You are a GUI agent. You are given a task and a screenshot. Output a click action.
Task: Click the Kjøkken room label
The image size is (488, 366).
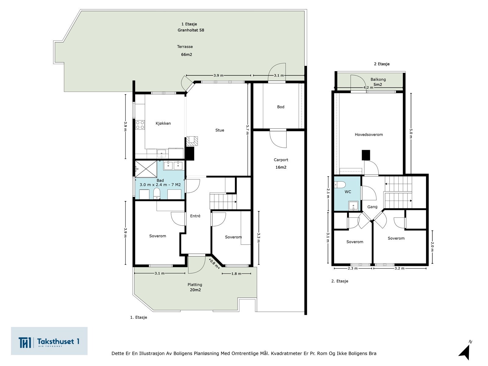[163, 123]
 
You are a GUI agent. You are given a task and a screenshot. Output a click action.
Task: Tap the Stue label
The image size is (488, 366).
[220, 130]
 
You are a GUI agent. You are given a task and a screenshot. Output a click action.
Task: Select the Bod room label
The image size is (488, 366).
[281, 107]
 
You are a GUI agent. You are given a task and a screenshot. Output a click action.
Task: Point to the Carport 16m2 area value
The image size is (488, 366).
[281, 167]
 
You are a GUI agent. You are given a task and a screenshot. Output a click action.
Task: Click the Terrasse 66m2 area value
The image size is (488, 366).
[187, 55]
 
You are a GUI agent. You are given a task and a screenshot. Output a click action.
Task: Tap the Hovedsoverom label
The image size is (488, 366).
[369, 135]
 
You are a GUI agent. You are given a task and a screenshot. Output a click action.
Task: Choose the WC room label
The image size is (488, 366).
[348, 192]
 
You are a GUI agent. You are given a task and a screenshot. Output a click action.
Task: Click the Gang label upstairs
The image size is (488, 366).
[372, 207]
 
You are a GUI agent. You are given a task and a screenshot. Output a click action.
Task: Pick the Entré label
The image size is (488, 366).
[195, 216]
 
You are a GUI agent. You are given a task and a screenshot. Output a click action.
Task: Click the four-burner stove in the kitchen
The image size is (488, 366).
[140, 125]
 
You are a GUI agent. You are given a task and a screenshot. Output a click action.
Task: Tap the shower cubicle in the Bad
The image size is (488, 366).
[146, 169]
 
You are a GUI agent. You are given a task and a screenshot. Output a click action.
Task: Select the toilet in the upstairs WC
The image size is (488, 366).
[340, 185]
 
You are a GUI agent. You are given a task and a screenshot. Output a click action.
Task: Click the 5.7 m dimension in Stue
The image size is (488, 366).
[247, 130]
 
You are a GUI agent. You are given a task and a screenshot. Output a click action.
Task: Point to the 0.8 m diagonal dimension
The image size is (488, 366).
[214, 264]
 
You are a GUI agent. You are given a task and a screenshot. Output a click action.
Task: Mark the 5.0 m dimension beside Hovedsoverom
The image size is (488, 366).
[411, 134]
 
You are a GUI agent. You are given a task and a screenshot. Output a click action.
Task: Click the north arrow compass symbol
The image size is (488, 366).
[465, 351]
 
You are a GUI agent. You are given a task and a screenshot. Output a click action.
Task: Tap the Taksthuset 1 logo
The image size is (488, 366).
[49, 341]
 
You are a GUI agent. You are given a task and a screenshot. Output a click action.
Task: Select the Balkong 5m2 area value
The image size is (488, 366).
[378, 85]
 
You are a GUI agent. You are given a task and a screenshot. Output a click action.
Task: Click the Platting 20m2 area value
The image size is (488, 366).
[195, 290]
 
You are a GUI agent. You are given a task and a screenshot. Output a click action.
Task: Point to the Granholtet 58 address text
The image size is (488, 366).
[191, 30]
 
